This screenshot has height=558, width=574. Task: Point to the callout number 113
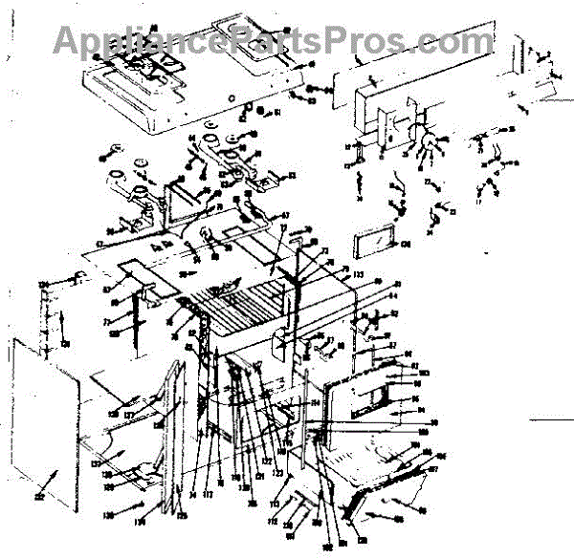274,503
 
